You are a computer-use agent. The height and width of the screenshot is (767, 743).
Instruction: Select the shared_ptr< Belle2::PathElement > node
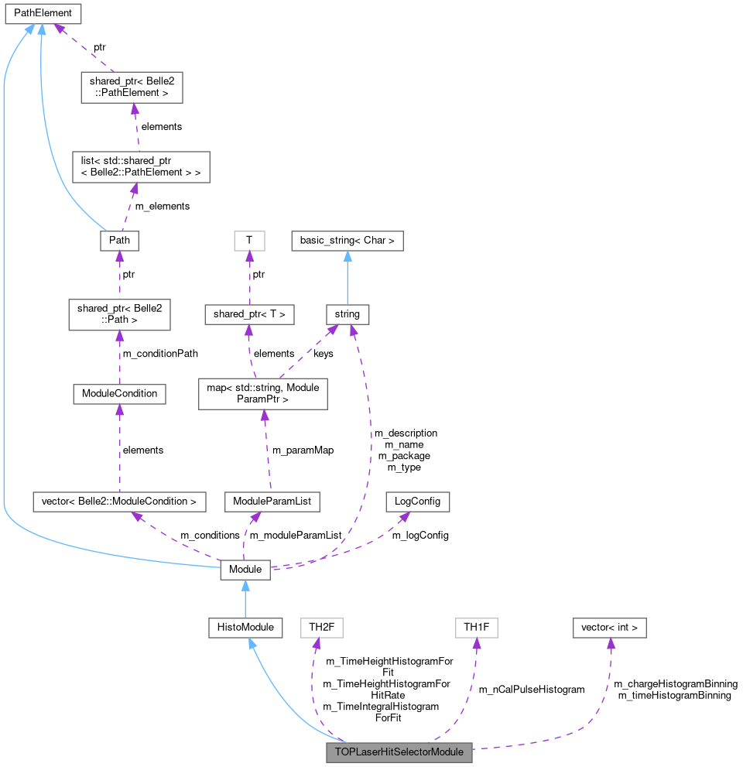click(132, 87)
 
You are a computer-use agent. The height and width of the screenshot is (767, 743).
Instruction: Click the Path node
click(119, 241)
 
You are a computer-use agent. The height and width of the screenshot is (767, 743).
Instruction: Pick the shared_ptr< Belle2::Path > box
click(119, 315)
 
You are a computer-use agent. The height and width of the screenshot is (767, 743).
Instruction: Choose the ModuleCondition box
click(119, 393)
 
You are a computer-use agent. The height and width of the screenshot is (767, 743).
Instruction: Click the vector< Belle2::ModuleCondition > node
click(119, 502)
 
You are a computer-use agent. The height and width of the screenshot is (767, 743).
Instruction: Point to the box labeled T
click(249, 241)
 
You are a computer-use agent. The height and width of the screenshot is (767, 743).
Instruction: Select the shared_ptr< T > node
click(249, 314)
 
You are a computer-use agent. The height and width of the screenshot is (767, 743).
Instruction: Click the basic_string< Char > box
click(347, 241)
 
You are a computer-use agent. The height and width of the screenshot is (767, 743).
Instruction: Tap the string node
click(347, 314)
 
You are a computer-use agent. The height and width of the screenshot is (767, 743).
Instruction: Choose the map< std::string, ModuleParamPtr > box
click(264, 393)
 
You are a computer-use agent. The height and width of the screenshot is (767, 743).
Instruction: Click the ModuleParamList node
click(272, 502)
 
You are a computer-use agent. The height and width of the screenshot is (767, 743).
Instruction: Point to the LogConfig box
click(417, 502)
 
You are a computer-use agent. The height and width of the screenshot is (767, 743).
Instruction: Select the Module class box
click(245, 570)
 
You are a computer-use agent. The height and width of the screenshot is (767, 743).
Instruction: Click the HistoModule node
click(245, 627)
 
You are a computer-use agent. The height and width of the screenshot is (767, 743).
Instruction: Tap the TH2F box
click(321, 627)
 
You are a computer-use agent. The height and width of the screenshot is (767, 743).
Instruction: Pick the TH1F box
click(476, 627)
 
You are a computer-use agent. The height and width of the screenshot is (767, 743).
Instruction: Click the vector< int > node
click(609, 627)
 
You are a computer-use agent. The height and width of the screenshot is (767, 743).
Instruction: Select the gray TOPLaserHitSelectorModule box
click(399, 752)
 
